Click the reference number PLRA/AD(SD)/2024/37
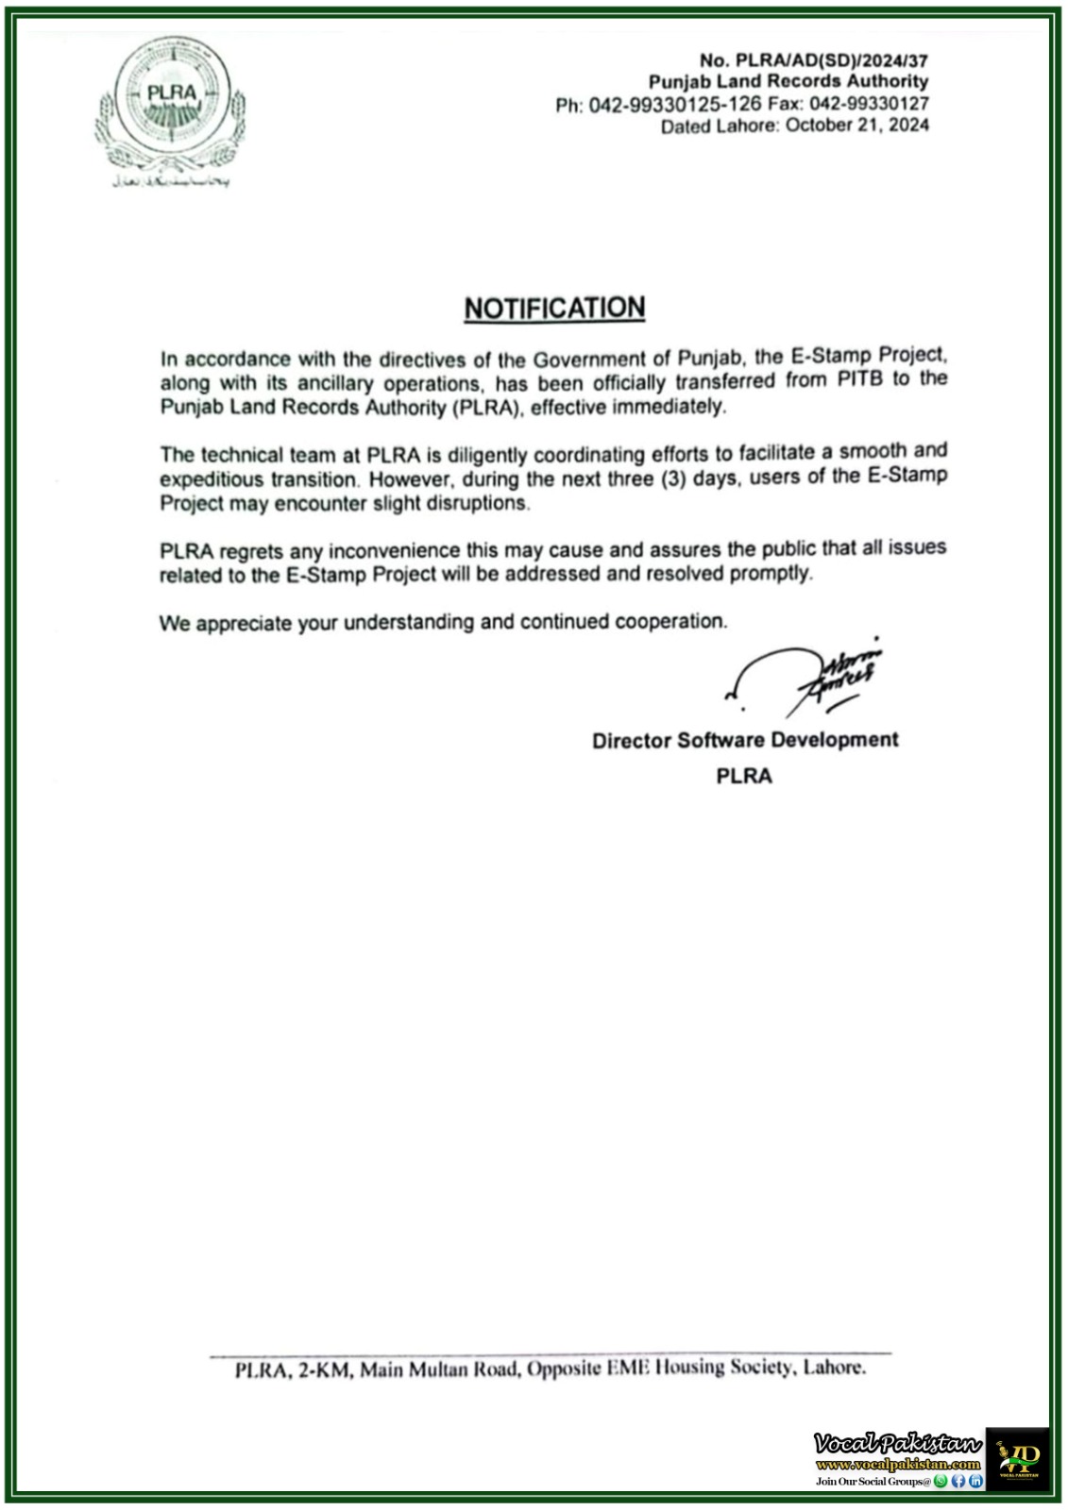tap(831, 60)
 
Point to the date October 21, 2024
tap(857, 126)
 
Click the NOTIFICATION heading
tap(554, 309)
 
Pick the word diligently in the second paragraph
tap(487, 455)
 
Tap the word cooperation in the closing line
tap(670, 622)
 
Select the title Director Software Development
tap(745, 741)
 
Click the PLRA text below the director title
tap(744, 776)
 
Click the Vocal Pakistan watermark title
tap(898, 1444)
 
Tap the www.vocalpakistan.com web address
tap(898, 1465)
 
